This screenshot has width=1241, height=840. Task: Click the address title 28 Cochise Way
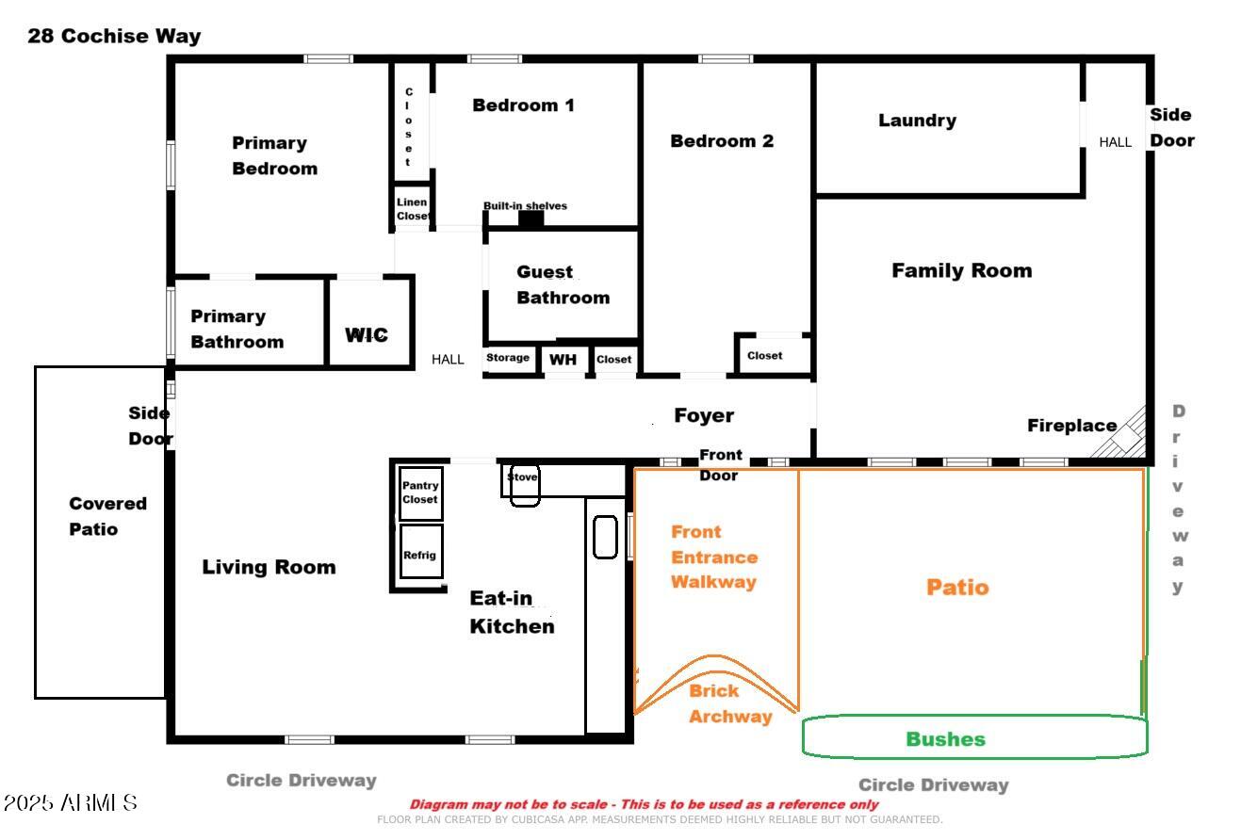click(114, 37)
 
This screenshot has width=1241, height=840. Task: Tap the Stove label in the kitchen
click(522, 477)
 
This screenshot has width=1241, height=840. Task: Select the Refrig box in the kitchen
click(420, 554)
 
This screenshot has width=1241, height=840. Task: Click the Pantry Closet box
click(420, 493)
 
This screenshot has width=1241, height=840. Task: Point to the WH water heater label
click(563, 360)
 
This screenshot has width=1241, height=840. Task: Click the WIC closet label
click(367, 335)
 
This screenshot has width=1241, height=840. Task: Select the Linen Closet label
click(412, 209)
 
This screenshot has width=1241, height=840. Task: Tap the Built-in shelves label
click(525, 205)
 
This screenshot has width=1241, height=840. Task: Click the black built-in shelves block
click(531, 219)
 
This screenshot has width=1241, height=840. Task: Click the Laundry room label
click(917, 121)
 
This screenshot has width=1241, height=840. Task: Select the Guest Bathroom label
click(563, 284)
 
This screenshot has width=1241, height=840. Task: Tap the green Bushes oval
click(974, 737)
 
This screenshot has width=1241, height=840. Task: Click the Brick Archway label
click(728, 703)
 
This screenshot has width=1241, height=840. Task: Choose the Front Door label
click(720, 465)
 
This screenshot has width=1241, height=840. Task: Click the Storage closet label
click(508, 358)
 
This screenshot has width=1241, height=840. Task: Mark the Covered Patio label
click(107, 516)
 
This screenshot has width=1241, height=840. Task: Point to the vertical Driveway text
click(1178, 499)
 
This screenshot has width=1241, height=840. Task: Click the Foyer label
click(703, 415)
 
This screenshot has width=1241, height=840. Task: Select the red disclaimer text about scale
click(644, 804)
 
